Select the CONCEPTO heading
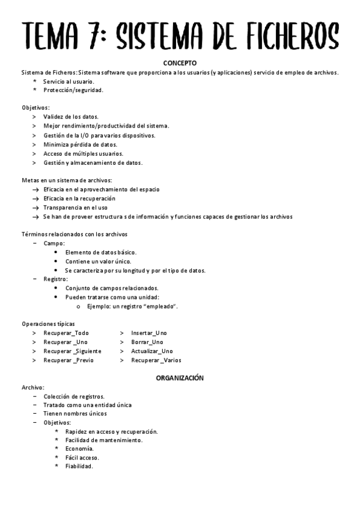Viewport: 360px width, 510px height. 180,63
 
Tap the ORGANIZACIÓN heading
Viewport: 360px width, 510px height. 180,378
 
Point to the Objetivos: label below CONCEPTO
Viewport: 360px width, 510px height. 35,108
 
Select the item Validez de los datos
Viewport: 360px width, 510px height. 71,117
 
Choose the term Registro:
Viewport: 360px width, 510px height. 55,279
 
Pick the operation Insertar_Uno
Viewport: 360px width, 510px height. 149,333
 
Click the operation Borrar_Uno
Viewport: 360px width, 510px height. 147,342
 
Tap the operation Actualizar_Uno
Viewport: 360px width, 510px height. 152,351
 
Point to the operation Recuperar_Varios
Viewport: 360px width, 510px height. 156,360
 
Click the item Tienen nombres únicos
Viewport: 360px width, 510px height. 75,414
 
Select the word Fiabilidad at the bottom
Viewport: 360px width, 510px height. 79,467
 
